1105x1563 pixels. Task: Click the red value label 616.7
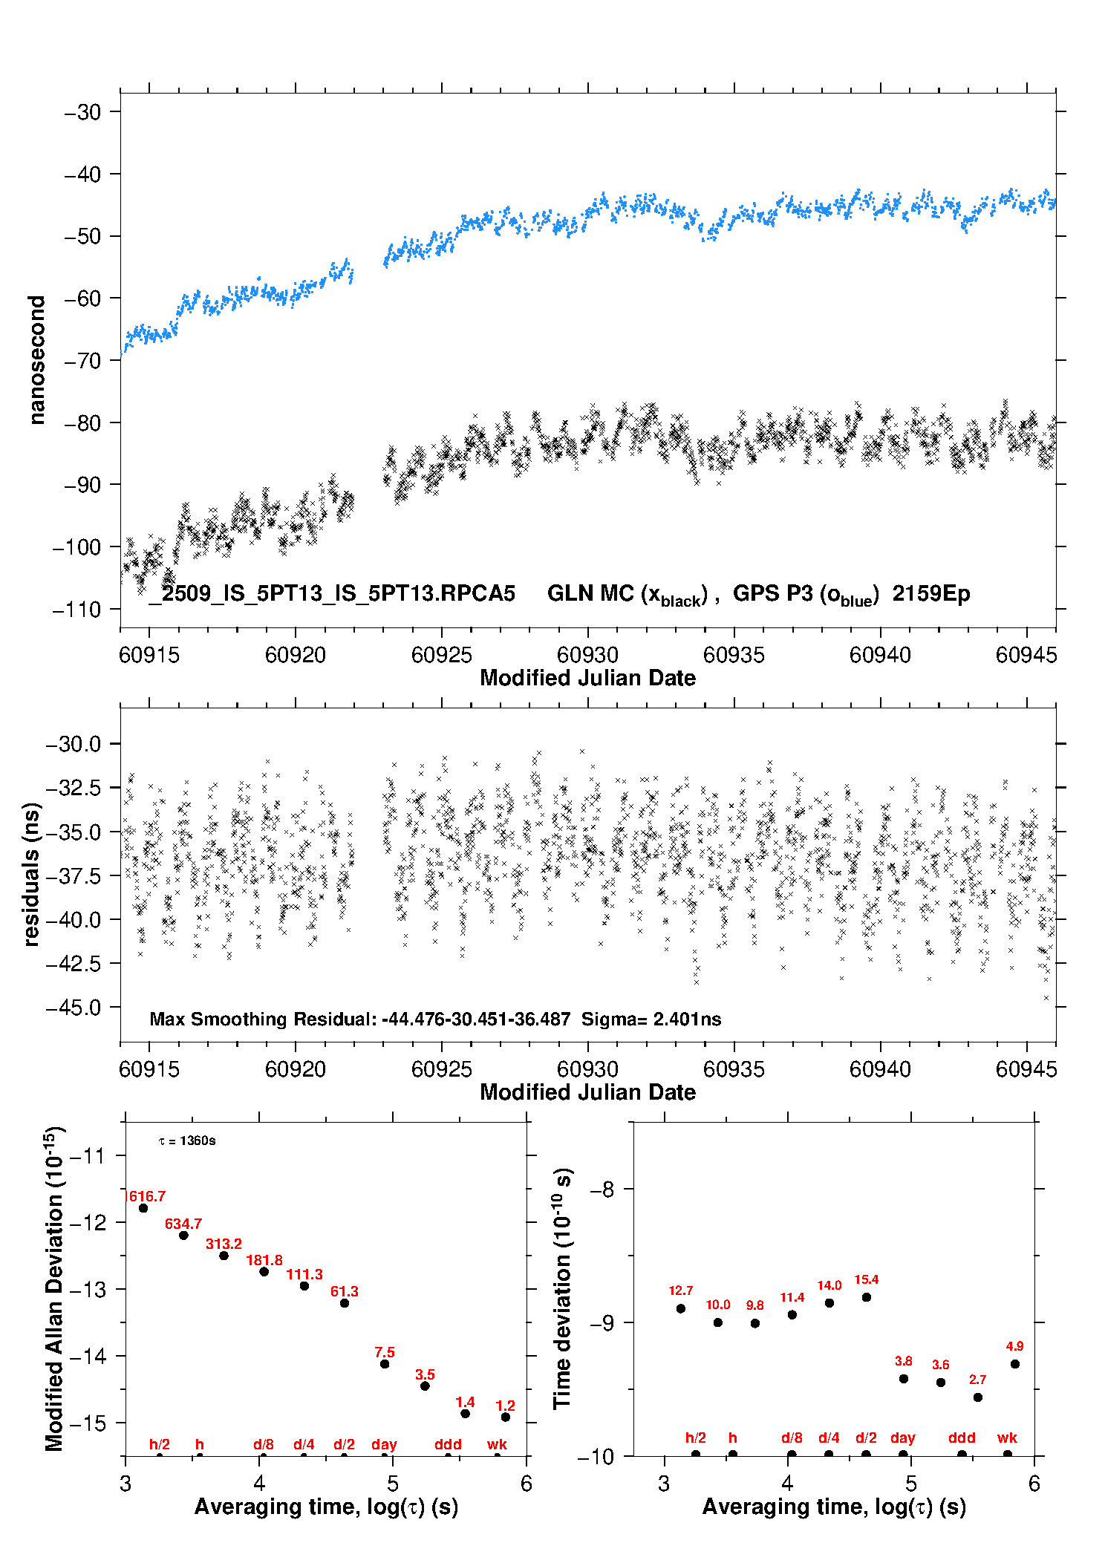(147, 1196)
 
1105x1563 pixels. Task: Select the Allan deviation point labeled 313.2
(224, 1256)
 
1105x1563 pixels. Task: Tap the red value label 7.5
(385, 1352)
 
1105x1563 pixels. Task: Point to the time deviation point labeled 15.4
(866, 1297)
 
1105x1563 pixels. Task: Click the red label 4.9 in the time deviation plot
(1014, 1346)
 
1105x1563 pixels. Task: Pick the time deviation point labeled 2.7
(977, 1397)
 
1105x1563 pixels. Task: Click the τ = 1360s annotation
(187, 1141)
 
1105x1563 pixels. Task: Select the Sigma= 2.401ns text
(651, 1019)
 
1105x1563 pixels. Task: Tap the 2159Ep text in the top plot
(931, 594)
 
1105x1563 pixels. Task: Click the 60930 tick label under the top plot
(587, 655)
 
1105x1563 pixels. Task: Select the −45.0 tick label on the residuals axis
(74, 1008)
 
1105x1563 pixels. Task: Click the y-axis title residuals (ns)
(32, 874)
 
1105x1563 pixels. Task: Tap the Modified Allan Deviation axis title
(53, 1288)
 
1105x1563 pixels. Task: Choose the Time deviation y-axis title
(562, 1288)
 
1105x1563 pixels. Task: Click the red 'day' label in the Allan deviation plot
(384, 1444)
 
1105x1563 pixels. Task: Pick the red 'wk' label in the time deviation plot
(1007, 1438)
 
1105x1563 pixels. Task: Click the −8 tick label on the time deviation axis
(602, 1190)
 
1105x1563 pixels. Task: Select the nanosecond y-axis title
(36, 359)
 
